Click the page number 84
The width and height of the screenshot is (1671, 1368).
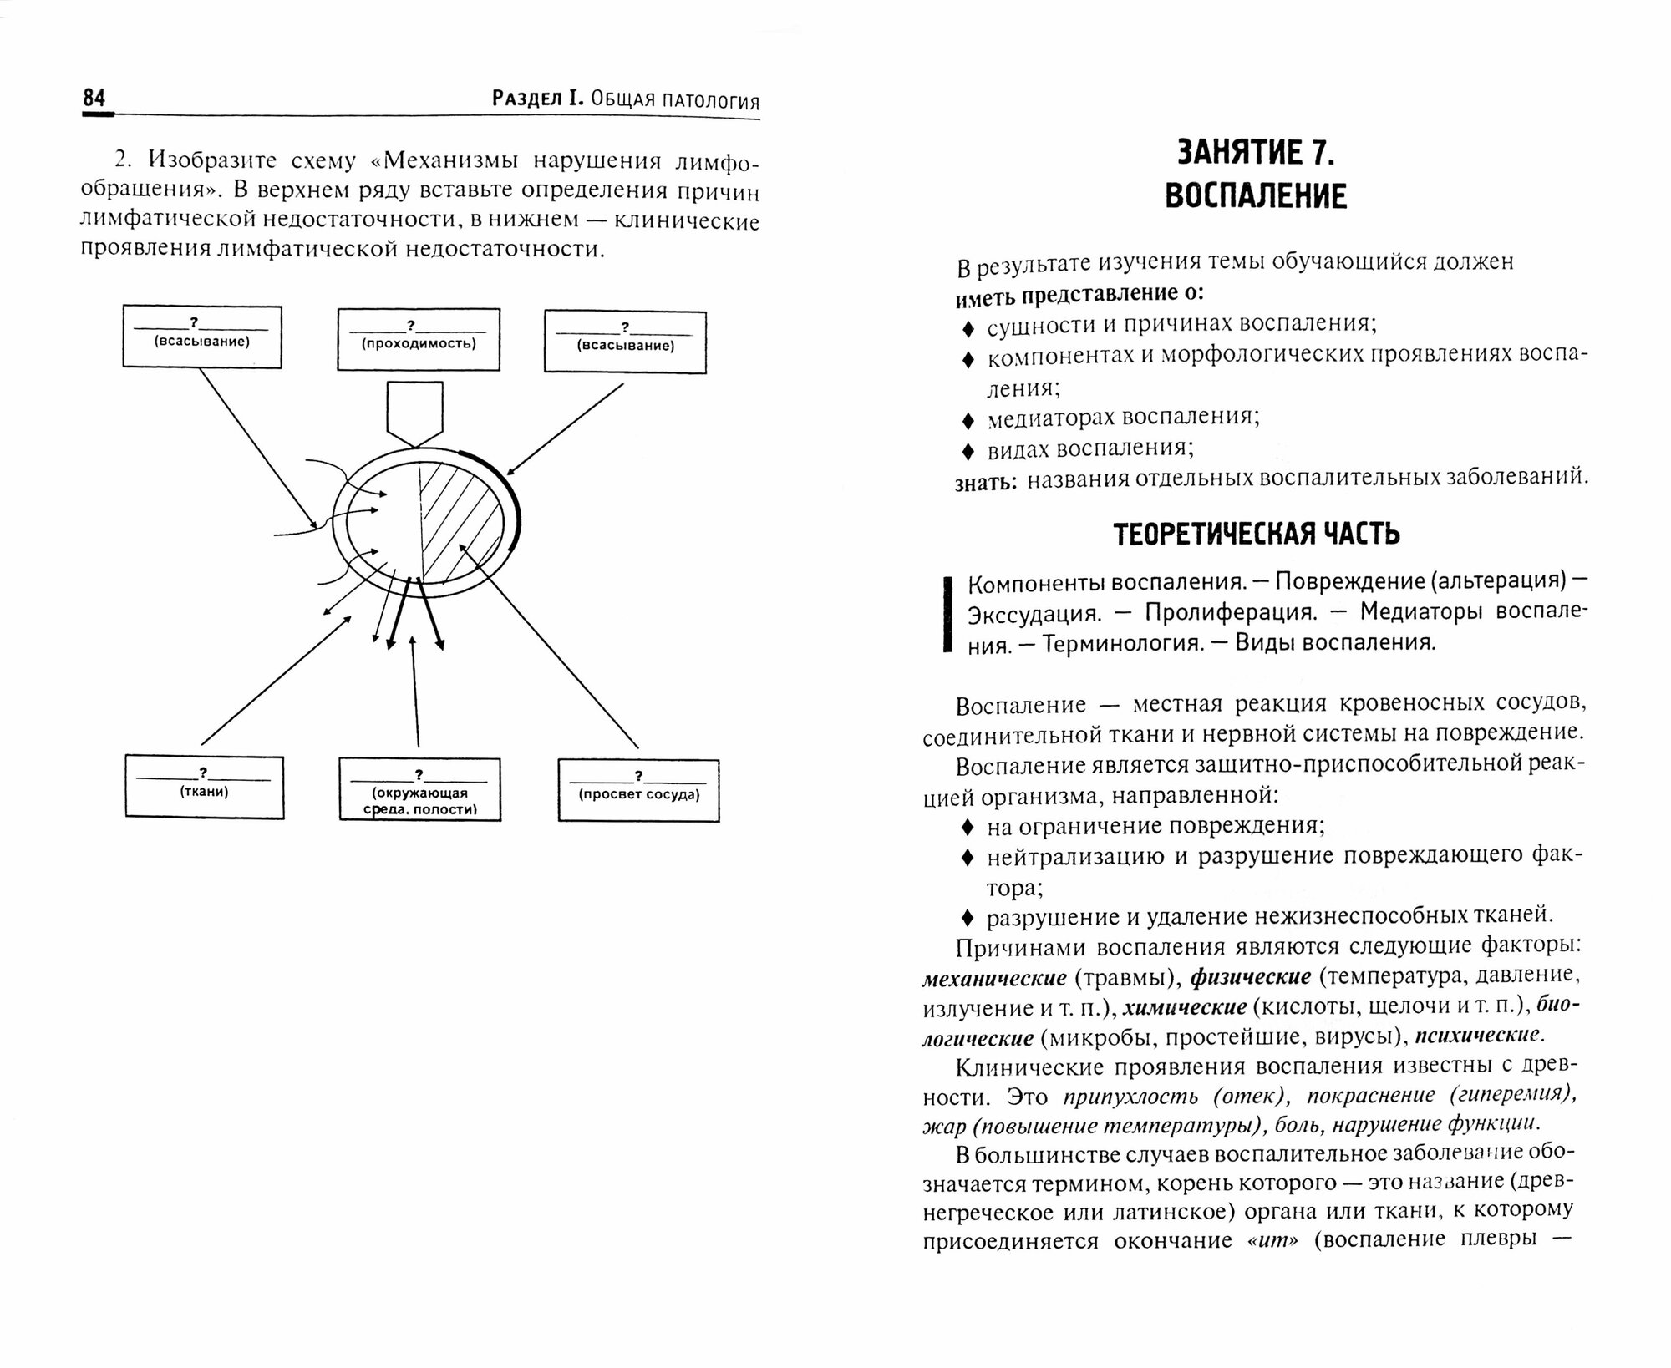point(94,99)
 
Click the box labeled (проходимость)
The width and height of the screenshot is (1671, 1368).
point(419,339)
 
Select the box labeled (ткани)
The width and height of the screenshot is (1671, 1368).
point(205,787)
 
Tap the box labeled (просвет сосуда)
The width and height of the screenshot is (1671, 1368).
point(638,790)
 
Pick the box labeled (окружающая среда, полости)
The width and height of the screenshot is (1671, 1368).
point(419,790)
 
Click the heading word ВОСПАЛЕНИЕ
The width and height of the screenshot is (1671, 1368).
point(1256,196)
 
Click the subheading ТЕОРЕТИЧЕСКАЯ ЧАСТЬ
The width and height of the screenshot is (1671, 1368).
point(1257,535)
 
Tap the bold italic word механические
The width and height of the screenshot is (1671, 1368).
point(994,978)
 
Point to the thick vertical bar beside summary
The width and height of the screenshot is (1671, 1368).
point(947,613)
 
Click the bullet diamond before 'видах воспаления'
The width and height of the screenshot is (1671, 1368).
point(968,451)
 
